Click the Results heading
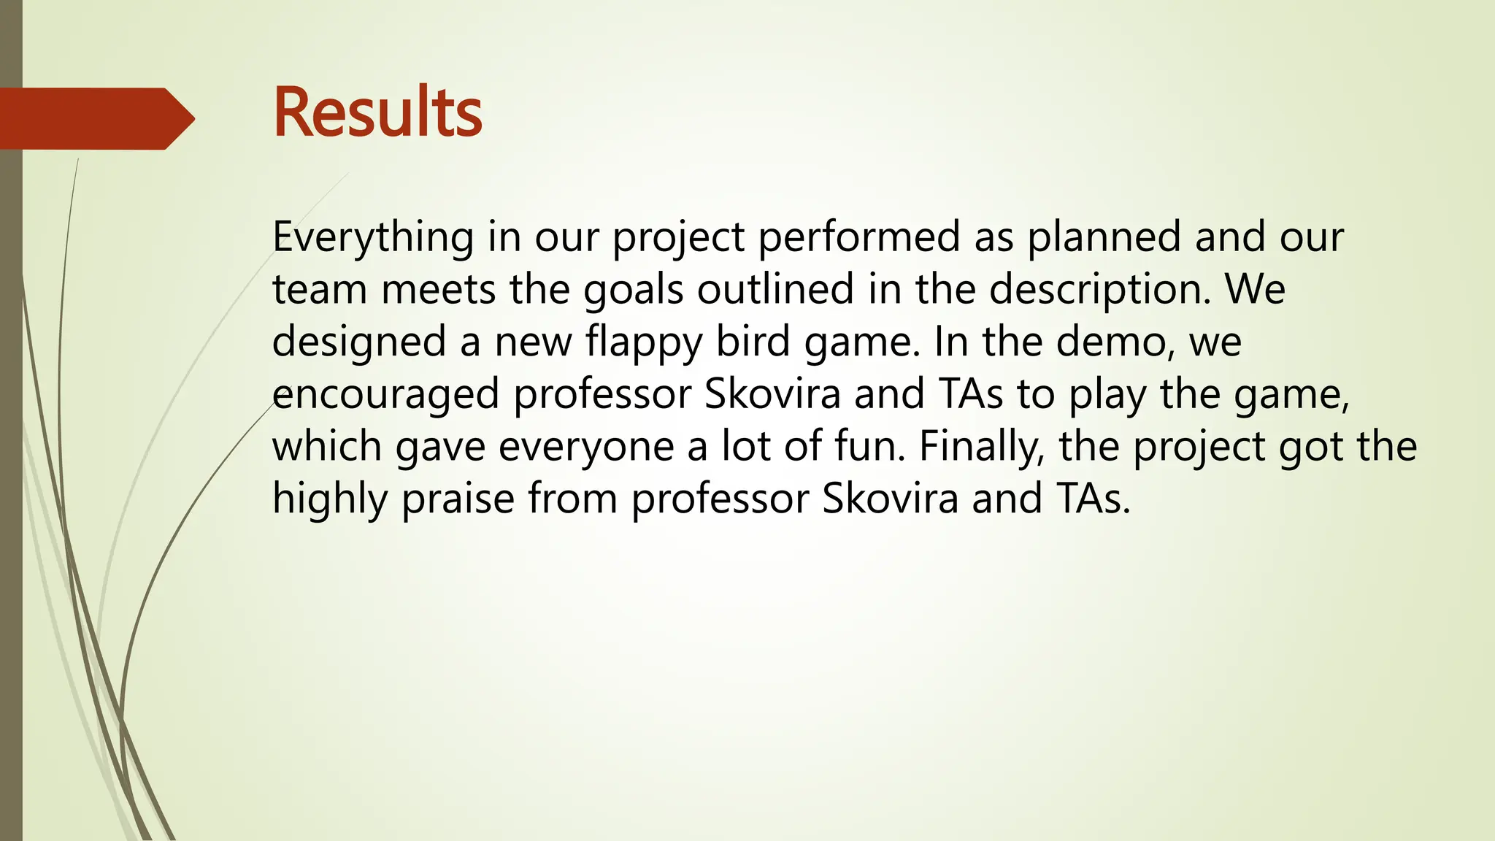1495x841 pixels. (377, 113)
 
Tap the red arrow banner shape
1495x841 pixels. (95, 118)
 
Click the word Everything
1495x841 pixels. (373, 238)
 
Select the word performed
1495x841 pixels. (859, 238)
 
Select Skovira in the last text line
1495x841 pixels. (890, 499)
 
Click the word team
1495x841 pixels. (319, 291)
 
